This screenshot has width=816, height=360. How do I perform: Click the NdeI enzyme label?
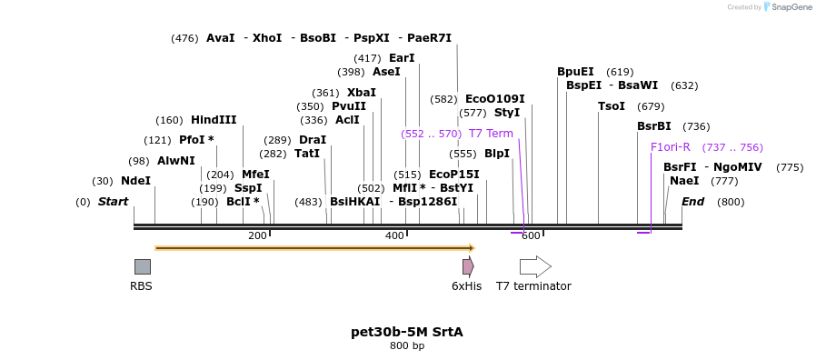(x=135, y=181)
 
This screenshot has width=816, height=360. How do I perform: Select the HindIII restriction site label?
(x=214, y=120)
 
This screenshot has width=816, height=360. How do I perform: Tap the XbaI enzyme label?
(x=361, y=93)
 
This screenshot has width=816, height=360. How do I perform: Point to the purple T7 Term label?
(x=491, y=134)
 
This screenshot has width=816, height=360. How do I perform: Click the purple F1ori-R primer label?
(x=671, y=147)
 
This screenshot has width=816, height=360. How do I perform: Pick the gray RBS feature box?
(x=143, y=266)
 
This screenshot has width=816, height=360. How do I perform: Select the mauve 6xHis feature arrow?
(x=467, y=266)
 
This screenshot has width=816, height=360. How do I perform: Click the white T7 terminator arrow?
(x=535, y=266)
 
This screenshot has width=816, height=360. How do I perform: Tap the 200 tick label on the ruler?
(x=257, y=236)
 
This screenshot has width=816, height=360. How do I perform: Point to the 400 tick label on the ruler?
(x=394, y=236)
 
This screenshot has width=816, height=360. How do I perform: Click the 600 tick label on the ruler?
(x=532, y=236)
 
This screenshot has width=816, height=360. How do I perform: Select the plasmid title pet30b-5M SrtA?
(x=407, y=332)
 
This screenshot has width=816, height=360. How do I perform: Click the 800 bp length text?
(x=407, y=346)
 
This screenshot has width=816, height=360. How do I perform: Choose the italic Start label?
(x=113, y=202)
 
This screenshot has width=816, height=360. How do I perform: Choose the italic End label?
(x=692, y=202)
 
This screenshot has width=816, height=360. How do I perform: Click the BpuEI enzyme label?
(x=575, y=72)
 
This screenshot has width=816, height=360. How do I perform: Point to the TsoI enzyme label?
(x=611, y=106)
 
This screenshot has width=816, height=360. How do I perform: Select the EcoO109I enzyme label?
(x=494, y=99)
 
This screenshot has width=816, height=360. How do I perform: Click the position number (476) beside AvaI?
(x=184, y=38)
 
